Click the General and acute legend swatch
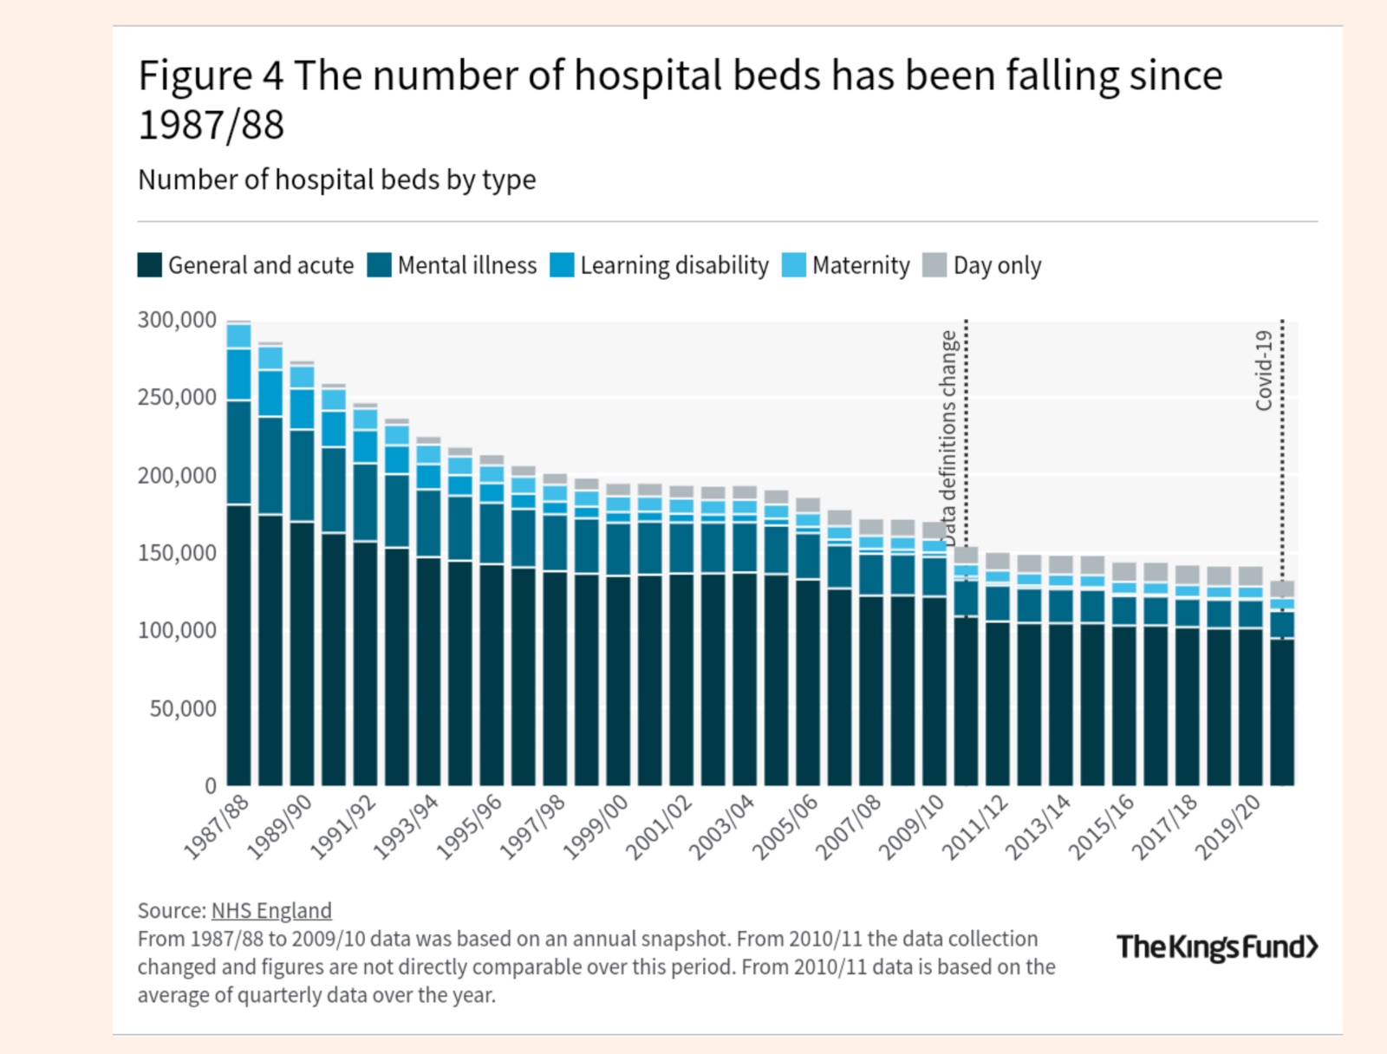click(x=150, y=265)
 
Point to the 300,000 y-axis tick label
click(x=177, y=320)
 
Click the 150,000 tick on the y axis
click(x=177, y=553)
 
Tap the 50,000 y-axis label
click(x=183, y=709)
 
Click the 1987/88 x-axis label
click(x=217, y=827)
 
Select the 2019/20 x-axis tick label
click(x=1227, y=827)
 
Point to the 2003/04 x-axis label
click(x=721, y=827)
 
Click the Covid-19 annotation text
click(x=1264, y=370)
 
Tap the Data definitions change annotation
click(x=948, y=438)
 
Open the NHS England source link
click(x=271, y=910)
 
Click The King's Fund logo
click(x=1217, y=947)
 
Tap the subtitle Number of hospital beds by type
click(x=336, y=179)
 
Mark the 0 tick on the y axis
click(x=210, y=786)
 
